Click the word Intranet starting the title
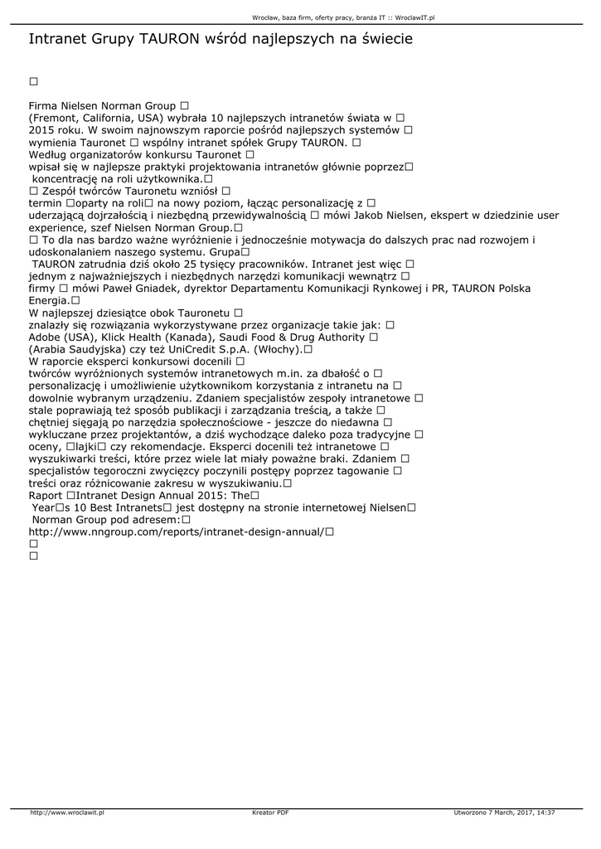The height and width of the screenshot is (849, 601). coord(57,39)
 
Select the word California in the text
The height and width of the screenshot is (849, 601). coord(112,119)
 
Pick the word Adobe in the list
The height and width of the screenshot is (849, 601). coord(45,337)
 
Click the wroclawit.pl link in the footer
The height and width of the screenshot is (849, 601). coord(67,813)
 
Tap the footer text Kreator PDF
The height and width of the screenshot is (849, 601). coord(270,813)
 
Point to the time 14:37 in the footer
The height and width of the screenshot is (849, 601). coord(545,813)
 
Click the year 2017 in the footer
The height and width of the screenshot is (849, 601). coord(519,813)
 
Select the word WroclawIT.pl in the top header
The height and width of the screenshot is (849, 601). coord(415,17)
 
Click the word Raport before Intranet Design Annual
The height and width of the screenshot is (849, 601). coord(46,495)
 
